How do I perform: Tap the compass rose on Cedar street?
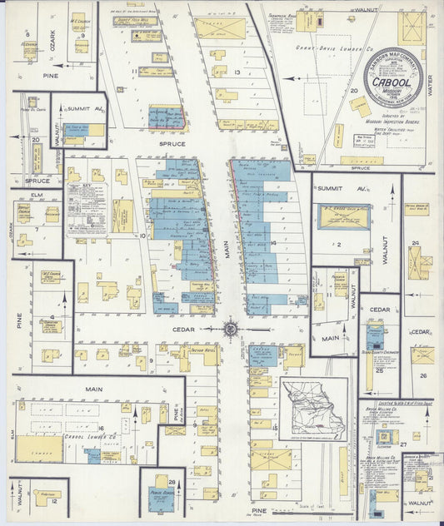coord(231,329)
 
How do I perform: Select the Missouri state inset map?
coord(312,408)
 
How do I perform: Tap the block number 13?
coord(237,73)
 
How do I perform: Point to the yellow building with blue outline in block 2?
coord(344,216)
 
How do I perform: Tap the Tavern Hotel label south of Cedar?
coord(203,350)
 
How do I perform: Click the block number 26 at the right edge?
coord(423,375)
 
